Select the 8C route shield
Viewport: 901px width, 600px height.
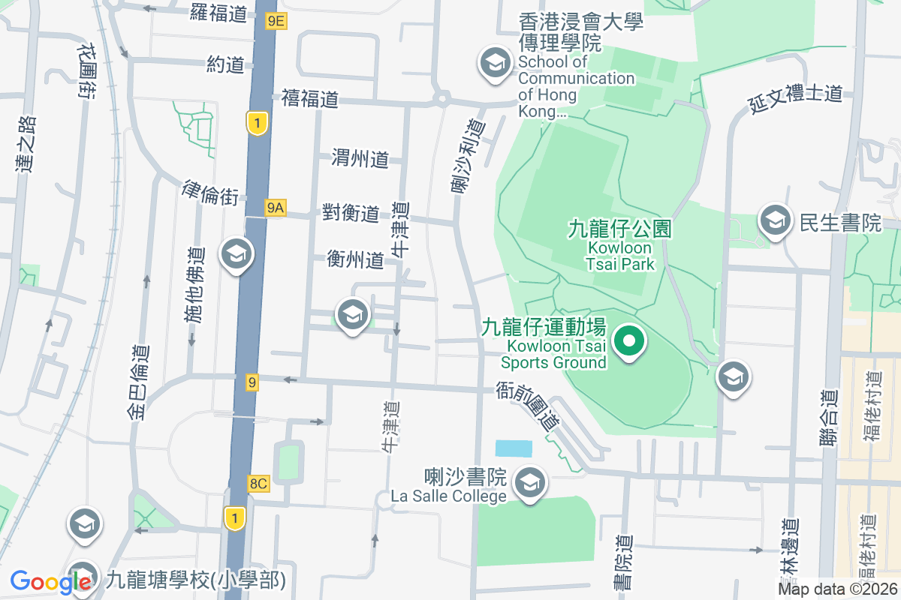click(258, 484)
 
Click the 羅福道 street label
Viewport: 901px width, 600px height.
click(218, 13)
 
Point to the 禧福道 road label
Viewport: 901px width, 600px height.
click(310, 98)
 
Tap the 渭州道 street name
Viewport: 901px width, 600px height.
click(360, 158)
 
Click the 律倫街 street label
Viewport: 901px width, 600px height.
click(210, 193)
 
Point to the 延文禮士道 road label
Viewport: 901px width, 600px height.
click(795, 98)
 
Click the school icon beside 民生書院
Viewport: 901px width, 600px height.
click(773, 220)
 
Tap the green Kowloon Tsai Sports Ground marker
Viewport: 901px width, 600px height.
click(629, 343)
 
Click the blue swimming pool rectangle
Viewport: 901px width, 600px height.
click(514, 448)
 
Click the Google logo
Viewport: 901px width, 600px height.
click(51, 581)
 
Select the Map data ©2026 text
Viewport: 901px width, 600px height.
click(836, 589)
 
